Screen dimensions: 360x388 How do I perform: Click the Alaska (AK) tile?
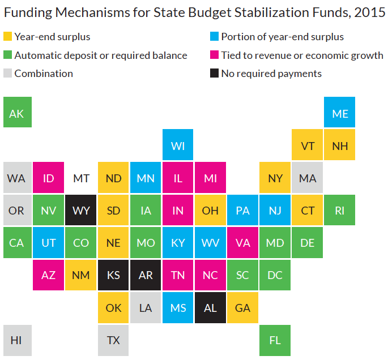[x=17, y=113]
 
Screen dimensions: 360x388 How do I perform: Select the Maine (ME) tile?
[x=340, y=113]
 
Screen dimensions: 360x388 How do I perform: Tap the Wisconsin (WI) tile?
[x=178, y=145]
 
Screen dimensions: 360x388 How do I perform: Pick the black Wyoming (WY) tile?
[x=81, y=211]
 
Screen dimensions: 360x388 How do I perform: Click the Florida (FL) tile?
[x=275, y=340]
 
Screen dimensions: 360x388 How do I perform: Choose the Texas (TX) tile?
[x=113, y=340]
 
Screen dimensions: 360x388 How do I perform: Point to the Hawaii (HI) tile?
[x=17, y=340]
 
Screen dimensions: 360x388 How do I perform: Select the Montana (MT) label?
[x=81, y=178]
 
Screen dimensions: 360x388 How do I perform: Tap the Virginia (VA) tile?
[x=243, y=243]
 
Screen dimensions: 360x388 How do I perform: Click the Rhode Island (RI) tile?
[x=340, y=211]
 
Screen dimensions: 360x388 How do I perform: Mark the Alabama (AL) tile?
[x=211, y=308]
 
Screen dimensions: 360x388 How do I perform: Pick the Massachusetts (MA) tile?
[x=308, y=178]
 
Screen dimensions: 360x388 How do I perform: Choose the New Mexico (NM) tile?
[x=81, y=275]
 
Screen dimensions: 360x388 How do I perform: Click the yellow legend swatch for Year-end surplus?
[x=7, y=37]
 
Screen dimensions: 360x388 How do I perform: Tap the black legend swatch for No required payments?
[x=214, y=74]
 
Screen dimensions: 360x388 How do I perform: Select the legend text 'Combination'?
[x=44, y=74]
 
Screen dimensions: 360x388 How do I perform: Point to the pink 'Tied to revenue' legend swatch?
[x=214, y=55]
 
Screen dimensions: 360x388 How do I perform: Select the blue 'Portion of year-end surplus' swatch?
[x=214, y=37]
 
